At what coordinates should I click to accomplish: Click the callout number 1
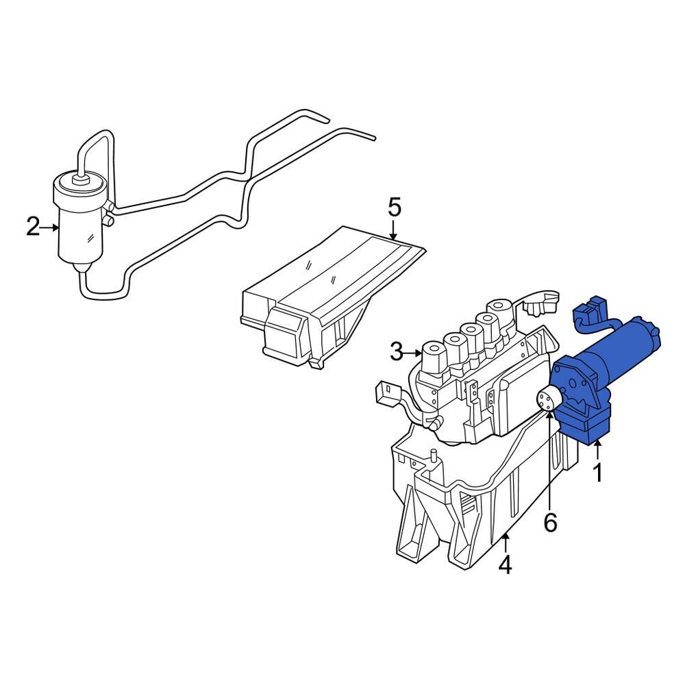point(597,473)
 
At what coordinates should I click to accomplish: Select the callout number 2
point(33,227)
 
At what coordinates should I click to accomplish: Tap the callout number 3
point(397,353)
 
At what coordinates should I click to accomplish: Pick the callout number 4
point(505,565)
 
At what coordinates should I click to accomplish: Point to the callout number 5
point(394,207)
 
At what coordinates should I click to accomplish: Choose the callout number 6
point(551,522)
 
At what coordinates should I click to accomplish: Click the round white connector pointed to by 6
point(549,399)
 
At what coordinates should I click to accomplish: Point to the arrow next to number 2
point(52,227)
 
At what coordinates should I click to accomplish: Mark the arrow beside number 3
point(416,353)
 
